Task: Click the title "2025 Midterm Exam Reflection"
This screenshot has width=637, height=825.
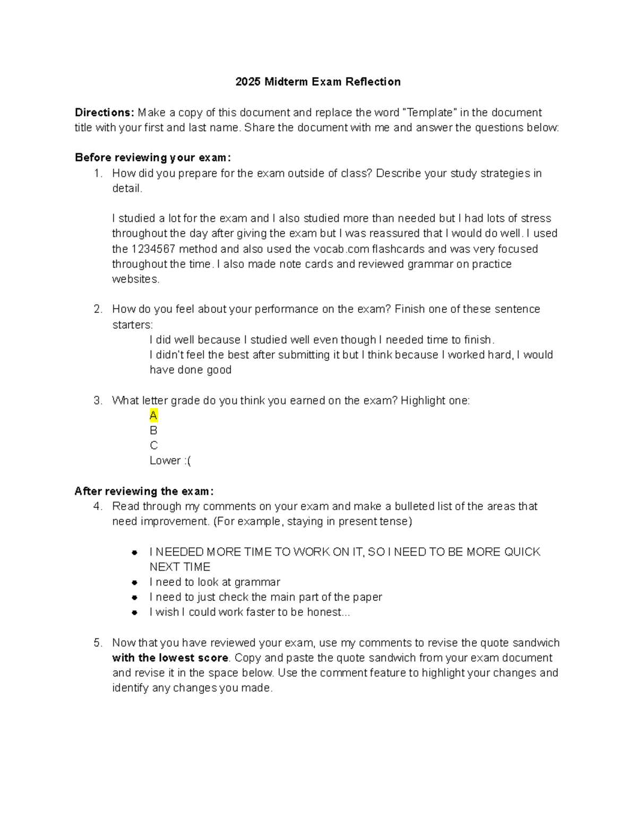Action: pyautogui.click(x=318, y=82)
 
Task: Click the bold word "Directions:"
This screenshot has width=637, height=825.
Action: pyautogui.click(x=104, y=113)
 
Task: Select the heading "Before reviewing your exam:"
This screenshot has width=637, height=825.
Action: pyautogui.click(x=153, y=158)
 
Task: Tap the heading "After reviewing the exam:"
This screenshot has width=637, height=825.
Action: pyautogui.click(x=144, y=491)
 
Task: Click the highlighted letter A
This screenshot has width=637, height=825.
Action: pyautogui.click(x=153, y=415)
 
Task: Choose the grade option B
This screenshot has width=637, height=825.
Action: pyautogui.click(x=153, y=430)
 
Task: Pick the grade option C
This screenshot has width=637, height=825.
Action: pyautogui.click(x=154, y=446)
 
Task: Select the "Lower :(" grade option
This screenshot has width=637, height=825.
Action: pyautogui.click(x=170, y=461)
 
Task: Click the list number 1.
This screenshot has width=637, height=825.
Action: pyautogui.click(x=97, y=173)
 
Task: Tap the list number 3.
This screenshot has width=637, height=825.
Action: pyautogui.click(x=98, y=401)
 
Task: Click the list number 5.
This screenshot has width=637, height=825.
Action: pyautogui.click(x=98, y=643)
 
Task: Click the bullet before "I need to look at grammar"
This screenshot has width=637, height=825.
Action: pyautogui.click(x=135, y=583)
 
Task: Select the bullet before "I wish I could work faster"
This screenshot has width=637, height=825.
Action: pyautogui.click(x=135, y=613)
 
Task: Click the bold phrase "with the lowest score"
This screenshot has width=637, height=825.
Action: pyautogui.click(x=170, y=658)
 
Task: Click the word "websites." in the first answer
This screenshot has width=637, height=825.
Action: pyautogui.click(x=135, y=279)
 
